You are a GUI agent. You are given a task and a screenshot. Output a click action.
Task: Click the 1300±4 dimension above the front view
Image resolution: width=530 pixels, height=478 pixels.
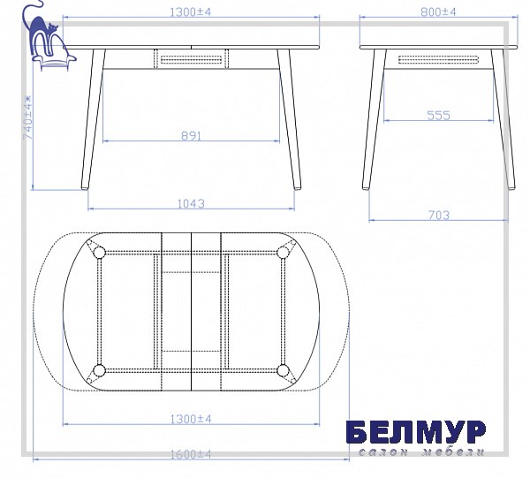190,12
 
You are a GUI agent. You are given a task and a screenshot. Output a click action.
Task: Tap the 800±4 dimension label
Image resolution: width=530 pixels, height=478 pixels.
438,12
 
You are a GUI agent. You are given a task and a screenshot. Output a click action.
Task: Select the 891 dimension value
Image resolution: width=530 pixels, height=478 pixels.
191,136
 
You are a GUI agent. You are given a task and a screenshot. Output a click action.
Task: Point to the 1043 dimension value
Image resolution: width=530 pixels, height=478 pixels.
191,204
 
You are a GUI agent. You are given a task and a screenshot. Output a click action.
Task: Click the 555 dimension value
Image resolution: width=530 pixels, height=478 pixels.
438,116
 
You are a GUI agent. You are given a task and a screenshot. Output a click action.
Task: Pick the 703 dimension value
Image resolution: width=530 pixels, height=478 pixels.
439,215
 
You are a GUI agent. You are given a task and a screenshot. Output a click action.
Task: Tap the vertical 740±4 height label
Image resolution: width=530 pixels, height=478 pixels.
27,118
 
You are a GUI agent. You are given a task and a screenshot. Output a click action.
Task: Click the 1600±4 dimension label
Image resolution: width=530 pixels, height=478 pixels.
190,454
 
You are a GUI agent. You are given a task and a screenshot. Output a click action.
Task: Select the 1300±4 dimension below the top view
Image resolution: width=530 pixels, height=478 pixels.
190,419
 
